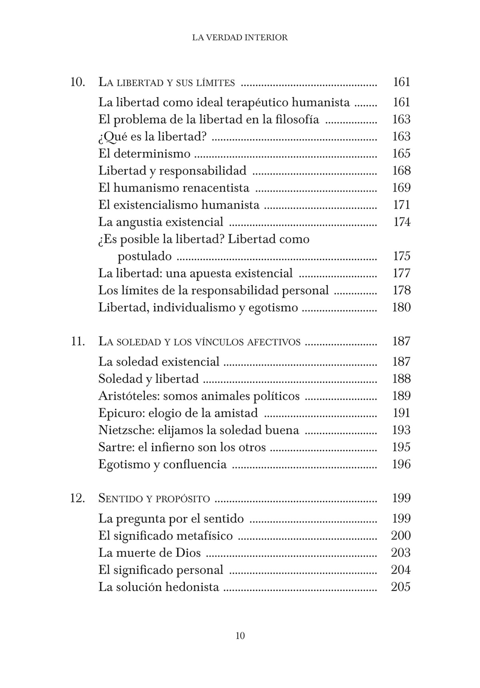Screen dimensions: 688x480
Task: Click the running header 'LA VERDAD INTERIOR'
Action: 240,38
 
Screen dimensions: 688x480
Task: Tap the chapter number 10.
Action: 78,82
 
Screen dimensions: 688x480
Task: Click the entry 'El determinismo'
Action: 144,154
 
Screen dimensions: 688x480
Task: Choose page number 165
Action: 402,154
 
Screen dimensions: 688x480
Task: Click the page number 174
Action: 402,222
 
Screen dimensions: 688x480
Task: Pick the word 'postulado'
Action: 144,256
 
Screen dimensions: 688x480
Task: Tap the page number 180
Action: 402,307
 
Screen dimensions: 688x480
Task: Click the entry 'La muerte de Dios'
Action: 150,553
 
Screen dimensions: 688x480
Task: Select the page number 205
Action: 401,587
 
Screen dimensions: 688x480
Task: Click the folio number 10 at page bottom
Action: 240,636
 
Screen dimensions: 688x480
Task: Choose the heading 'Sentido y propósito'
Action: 154,499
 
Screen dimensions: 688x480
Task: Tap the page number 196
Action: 402,464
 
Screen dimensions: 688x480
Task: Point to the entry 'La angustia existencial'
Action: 161,222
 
